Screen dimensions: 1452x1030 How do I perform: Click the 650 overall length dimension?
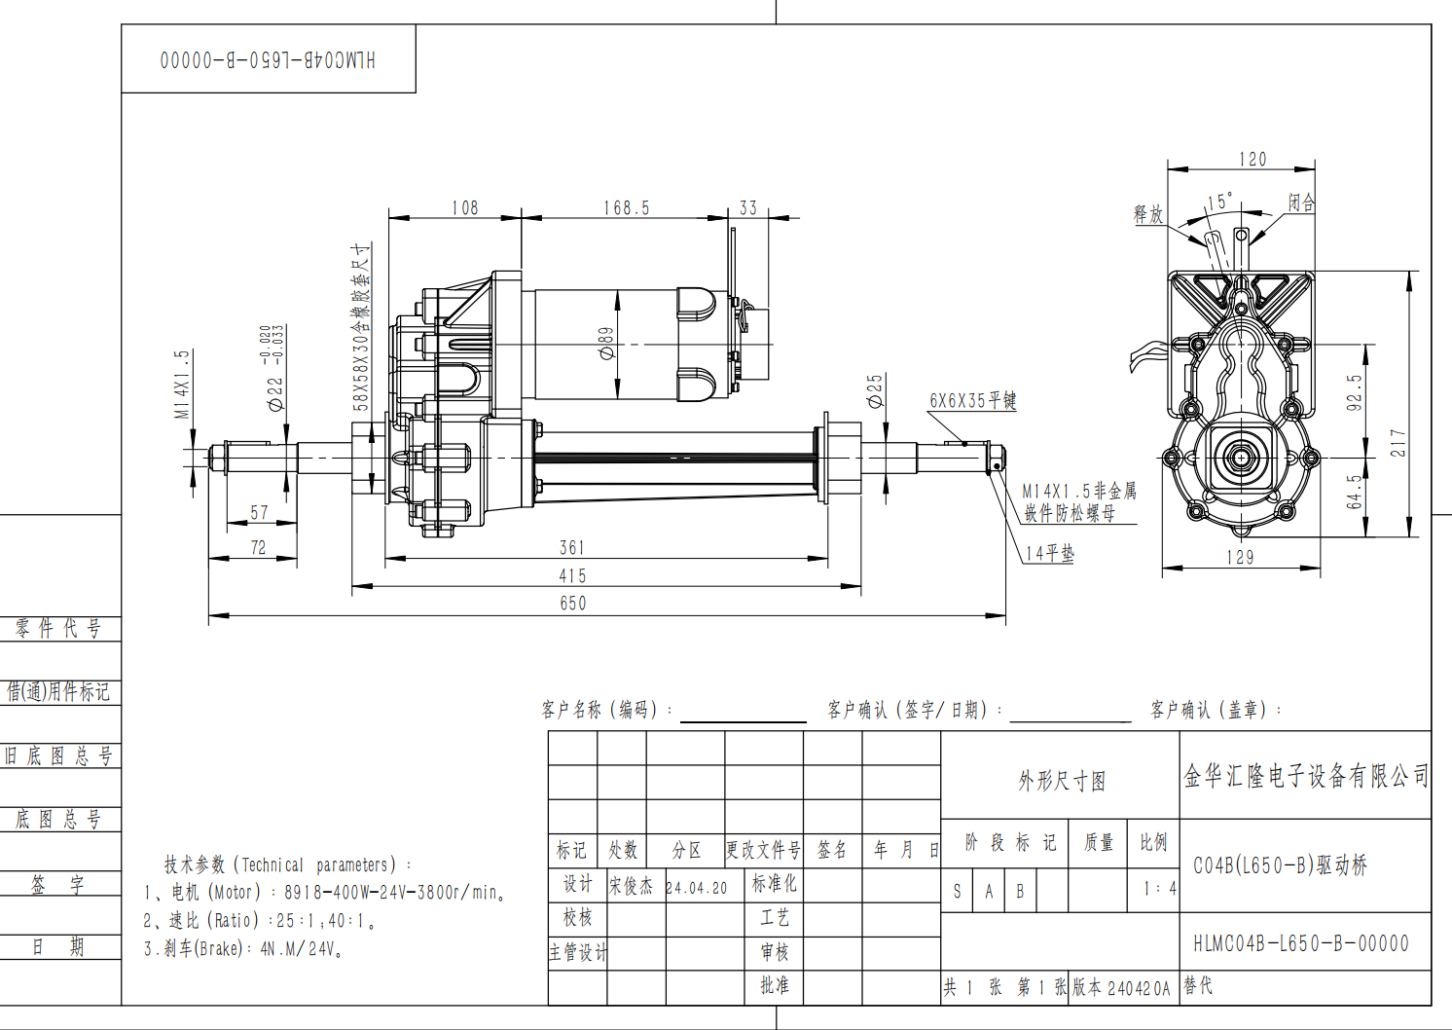coord(573,604)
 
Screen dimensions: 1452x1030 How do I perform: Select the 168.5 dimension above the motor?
coord(626,208)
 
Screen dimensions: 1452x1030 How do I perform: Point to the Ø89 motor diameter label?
coord(606,344)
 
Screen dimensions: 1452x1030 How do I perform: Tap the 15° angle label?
coord(1220,202)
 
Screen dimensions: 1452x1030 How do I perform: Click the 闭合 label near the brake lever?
coord(1301,202)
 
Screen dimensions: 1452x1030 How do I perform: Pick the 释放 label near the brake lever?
coord(1148,213)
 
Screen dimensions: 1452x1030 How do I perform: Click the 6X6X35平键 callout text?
coord(973,401)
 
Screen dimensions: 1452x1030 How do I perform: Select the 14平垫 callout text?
coord(1050,553)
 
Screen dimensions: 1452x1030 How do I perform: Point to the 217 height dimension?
coord(1398,442)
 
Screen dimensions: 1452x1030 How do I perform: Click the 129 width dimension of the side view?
coord(1240,557)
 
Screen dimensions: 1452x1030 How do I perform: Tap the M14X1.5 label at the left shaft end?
coord(183,384)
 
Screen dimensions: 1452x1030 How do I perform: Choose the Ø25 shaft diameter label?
coord(875,391)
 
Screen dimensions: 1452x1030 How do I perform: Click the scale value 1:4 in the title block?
coord(1160,889)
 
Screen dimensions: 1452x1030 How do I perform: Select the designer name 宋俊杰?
coord(631,886)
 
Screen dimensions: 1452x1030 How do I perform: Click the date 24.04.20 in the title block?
coord(697,889)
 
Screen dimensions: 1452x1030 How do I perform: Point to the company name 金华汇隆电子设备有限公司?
coord(1306,776)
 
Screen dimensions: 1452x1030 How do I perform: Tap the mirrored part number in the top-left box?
coord(268,60)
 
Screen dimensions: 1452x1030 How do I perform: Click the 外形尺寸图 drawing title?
coord(1062,782)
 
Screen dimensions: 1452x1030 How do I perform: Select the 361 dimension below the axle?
coord(572,548)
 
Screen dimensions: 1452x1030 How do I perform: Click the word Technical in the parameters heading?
coord(272,865)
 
